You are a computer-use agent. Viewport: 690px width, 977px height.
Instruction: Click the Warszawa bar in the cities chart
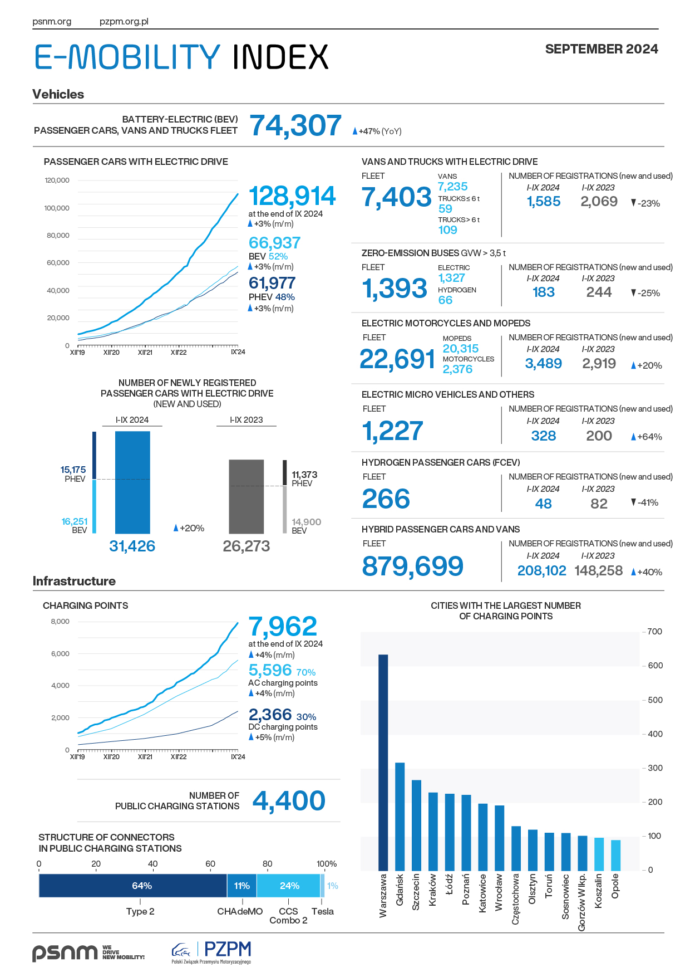[x=383, y=762]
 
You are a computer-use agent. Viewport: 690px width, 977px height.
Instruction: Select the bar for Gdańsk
[x=400, y=817]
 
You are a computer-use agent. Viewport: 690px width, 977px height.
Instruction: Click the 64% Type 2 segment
[x=133, y=886]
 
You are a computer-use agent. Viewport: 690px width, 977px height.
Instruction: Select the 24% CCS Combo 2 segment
[x=288, y=886]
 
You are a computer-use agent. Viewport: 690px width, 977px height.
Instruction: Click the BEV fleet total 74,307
[x=295, y=125]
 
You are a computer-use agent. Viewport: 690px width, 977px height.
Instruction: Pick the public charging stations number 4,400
[x=289, y=801]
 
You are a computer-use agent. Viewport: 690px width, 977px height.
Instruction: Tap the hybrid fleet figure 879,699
[x=412, y=566]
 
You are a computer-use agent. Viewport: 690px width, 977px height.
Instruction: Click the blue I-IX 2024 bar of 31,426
[x=132, y=482]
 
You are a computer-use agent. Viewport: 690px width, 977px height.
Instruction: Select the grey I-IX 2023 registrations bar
[x=247, y=496]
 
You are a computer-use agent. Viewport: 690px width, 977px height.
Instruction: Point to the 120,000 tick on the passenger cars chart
[x=57, y=180]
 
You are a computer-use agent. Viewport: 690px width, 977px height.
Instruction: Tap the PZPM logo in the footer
[x=211, y=952]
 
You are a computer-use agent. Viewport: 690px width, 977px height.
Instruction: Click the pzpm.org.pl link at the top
[x=124, y=22]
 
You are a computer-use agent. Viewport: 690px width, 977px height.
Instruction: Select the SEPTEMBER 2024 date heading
[x=602, y=49]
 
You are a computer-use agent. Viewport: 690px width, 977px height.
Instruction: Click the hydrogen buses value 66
[x=445, y=300]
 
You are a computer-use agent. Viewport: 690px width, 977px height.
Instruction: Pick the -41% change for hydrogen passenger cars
[x=645, y=502]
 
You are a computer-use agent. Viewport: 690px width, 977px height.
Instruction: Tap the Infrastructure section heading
[x=74, y=581]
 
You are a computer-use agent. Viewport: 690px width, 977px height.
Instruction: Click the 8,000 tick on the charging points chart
[x=60, y=622]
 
